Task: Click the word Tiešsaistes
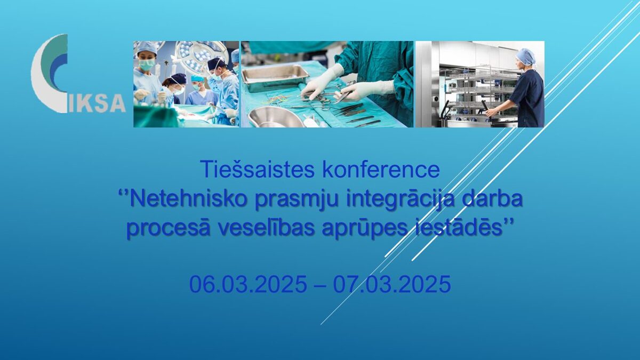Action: point(258,170)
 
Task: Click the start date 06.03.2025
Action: point(248,285)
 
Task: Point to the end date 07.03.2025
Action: point(393,285)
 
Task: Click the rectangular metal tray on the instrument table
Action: point(275,78)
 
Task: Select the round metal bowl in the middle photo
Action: point(276,118)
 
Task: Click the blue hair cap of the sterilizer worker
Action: point(526,56)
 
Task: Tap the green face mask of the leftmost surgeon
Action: point(146,65)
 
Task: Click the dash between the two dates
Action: point(320,285)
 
